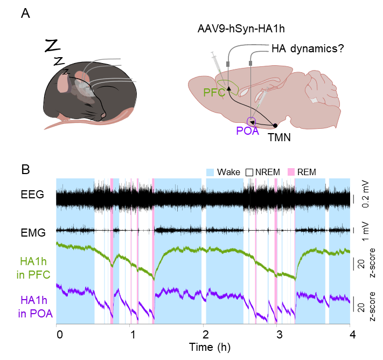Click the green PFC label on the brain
coord(214,92)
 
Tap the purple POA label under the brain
coord(247,130)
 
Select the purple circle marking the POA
coord(251,121)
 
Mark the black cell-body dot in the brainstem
coord(275,126)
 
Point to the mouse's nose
coord(103,116)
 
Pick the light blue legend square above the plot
coord(210,172)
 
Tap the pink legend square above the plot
coord(291,172)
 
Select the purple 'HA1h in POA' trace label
coord(36,307)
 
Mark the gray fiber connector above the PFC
coord(228,64)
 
